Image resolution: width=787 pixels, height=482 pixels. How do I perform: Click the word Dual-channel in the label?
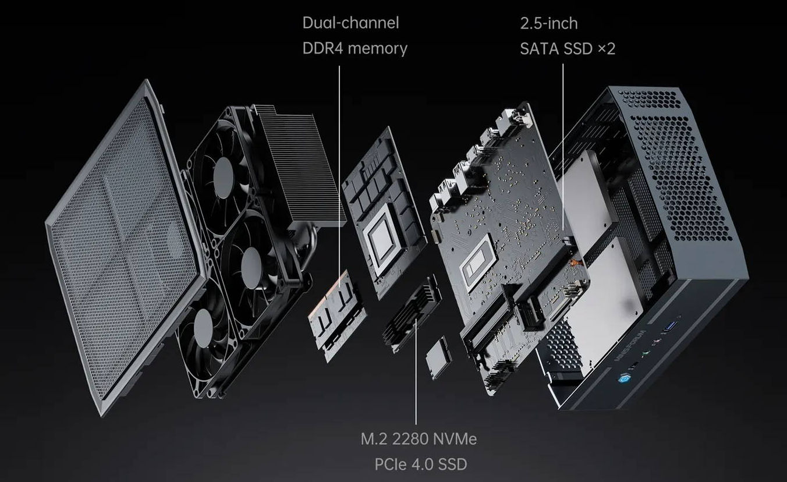click(350, 23)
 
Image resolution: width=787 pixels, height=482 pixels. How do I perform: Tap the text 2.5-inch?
click(549, 23)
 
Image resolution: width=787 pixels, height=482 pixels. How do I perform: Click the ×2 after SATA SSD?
click(606, 48)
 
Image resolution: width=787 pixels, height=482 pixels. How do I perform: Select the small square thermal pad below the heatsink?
click(438, 356)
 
